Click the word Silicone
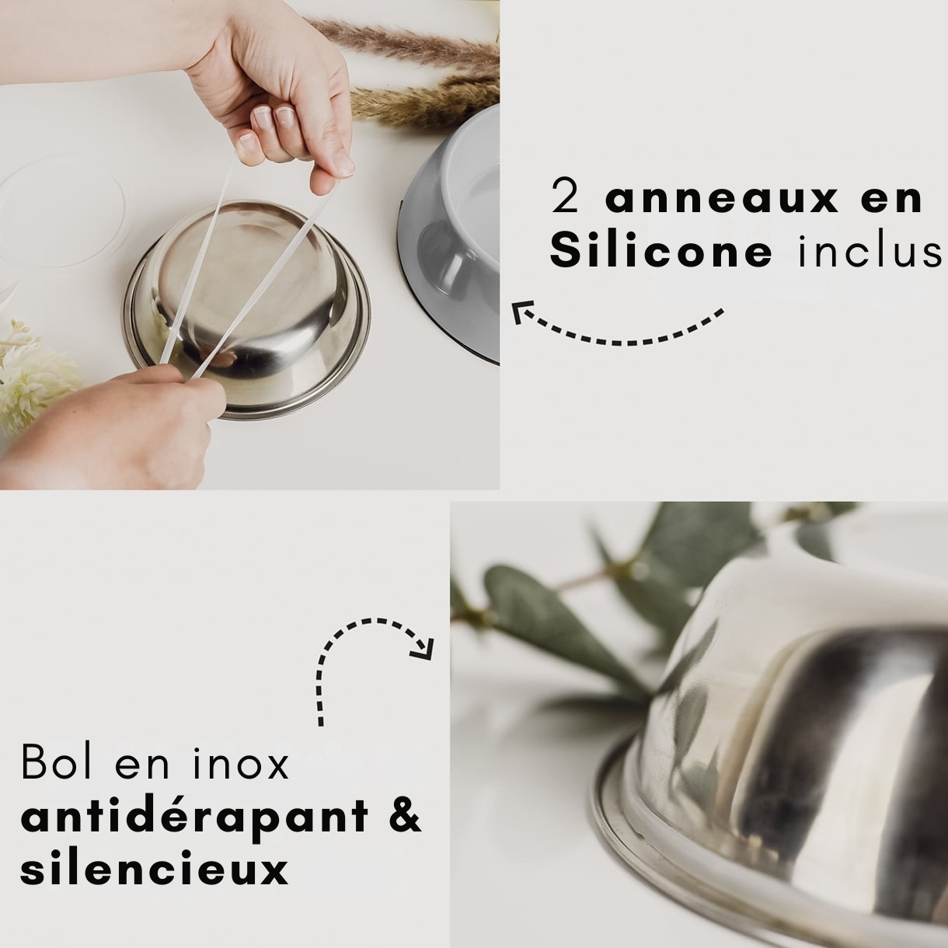point(661,252)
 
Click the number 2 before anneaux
point(566,198)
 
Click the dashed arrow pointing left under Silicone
point(618,326)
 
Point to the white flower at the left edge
point(31,381)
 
